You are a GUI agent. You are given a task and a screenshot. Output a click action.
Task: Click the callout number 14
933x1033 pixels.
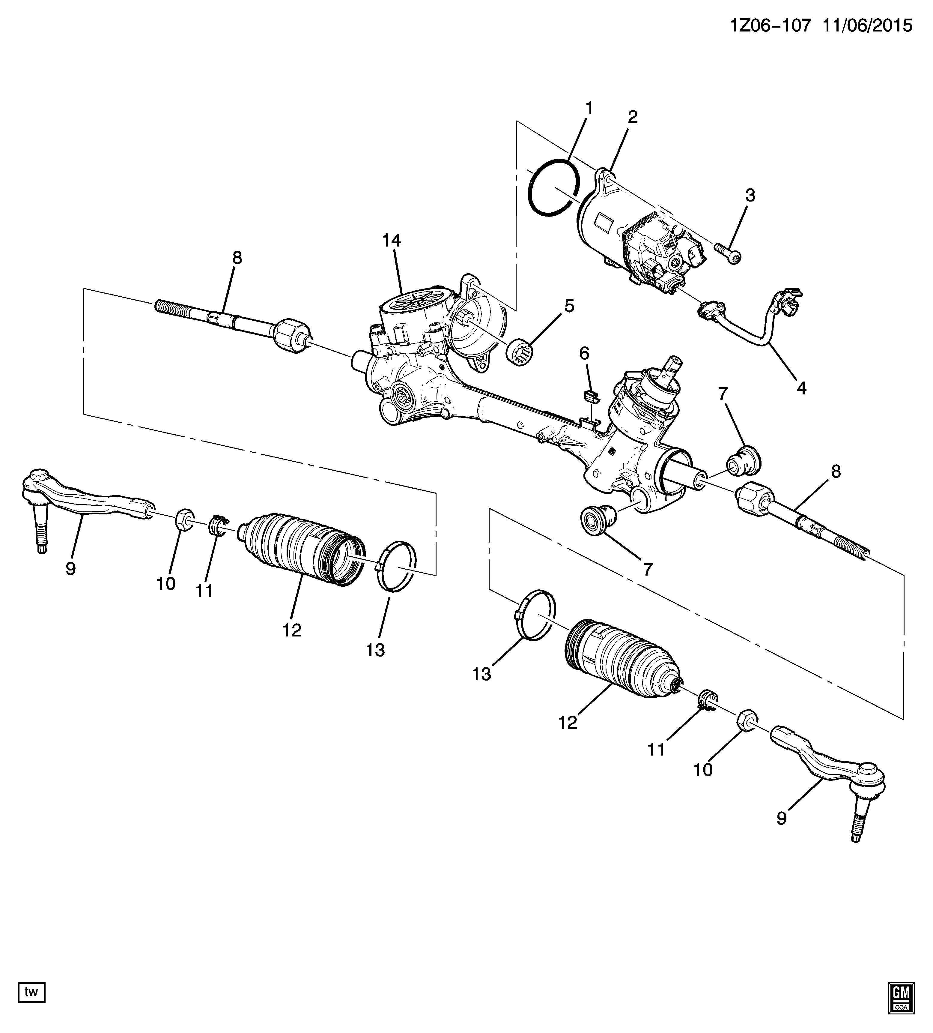click(x=391, y=240)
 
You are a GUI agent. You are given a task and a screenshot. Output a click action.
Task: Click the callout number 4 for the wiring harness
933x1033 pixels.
click(x=801, y=388)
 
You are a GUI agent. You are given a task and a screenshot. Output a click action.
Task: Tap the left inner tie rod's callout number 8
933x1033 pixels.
click(x=237, y=258)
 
